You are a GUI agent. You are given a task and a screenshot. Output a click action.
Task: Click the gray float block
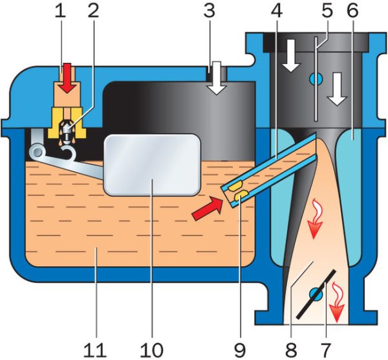153,164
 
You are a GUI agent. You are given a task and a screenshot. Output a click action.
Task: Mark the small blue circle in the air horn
315,79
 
